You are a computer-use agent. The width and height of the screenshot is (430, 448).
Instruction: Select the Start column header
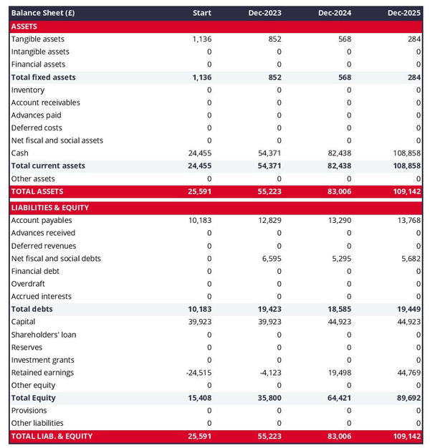(x=202, y=13)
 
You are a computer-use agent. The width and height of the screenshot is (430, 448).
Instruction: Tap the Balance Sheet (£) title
(x=43, y=13)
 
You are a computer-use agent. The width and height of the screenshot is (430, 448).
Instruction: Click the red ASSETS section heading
(x=24, y=26)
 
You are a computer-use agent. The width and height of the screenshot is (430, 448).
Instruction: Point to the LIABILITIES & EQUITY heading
(x=49, y=208)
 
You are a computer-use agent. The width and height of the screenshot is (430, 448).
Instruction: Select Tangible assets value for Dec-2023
(x=274, y=39)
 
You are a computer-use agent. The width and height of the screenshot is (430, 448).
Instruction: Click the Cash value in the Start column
(x=200, y=153)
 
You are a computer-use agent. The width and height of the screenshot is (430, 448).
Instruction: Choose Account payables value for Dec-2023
(x=269, y=221)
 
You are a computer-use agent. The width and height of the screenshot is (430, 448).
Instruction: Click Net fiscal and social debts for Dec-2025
(x=409, y=259)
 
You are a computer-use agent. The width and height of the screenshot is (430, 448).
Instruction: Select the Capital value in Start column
(x=200, y=322)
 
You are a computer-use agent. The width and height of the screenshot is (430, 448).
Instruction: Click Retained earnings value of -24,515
(x=199, y=373)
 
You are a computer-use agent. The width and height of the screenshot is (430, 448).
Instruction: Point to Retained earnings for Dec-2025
(x=407, y=373)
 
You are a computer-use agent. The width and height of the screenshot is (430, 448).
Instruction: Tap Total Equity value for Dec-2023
(x=269, y=398)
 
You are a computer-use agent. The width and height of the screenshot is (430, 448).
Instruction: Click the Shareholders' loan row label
(x=44, y=335)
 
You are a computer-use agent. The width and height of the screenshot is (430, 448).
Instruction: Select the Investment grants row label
(x=42, y=360)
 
